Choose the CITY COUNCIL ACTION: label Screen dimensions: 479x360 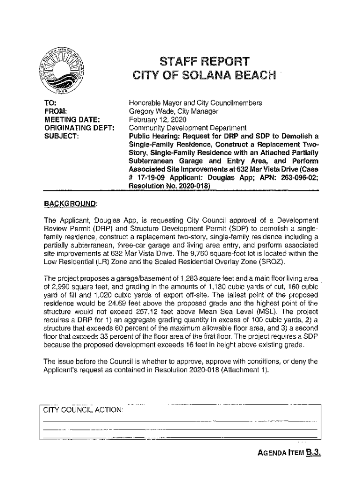pyautogui.click(x=83, y=410)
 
